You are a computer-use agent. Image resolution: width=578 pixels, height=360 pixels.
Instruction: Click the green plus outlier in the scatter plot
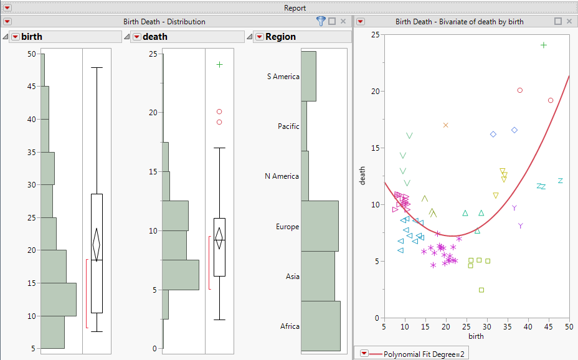[544, 45]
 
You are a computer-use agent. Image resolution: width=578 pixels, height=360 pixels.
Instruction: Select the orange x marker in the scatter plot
[446, 125]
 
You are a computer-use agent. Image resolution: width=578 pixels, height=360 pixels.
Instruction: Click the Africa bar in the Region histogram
[320, 326]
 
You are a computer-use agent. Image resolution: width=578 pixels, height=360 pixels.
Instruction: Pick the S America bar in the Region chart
[308, 76]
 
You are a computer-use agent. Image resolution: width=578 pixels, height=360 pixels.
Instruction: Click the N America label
[282, 176]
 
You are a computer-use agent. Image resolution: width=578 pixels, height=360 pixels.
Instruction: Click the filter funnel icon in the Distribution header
[321, 21]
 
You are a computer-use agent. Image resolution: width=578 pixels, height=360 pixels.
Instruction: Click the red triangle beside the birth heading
[15, 37]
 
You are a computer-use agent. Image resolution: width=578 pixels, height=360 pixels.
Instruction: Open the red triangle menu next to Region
[259, 37]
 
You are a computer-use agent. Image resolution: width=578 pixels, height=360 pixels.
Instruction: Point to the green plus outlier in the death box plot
[219, 64]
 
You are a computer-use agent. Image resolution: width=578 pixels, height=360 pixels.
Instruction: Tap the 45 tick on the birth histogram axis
[32, 87]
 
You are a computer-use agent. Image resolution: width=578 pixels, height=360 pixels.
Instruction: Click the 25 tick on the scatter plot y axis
[374, 34]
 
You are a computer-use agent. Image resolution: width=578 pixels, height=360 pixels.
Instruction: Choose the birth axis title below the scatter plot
[476, 336]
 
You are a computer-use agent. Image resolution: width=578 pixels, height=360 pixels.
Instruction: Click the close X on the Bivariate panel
[569, 21]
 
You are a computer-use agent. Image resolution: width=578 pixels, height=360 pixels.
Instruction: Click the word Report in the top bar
[295, 7]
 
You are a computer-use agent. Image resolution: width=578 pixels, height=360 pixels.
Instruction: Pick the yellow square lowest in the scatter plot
[481, 290]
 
